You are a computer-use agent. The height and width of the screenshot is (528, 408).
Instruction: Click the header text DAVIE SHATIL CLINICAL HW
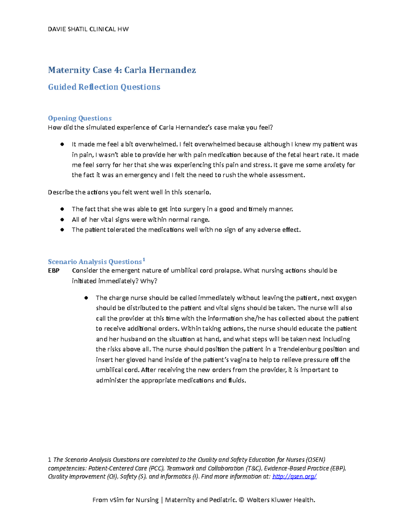88,29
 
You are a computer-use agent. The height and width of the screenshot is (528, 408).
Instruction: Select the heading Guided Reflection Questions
104,87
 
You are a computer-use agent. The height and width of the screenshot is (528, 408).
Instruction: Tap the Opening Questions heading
80,118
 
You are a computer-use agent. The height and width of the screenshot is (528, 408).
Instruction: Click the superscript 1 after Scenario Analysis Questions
144,260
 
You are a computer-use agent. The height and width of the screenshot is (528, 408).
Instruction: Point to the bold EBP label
54,271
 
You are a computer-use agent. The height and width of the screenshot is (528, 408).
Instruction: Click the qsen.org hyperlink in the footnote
294,476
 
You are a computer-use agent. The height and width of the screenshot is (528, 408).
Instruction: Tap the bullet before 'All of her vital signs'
62,219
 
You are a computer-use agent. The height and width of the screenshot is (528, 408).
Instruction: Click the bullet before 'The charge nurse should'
86,298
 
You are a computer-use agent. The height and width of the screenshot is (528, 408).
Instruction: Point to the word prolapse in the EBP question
229,271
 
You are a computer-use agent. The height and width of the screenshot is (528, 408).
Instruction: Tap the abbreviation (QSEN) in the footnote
315,460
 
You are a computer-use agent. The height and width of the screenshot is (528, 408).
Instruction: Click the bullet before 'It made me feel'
62,144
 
